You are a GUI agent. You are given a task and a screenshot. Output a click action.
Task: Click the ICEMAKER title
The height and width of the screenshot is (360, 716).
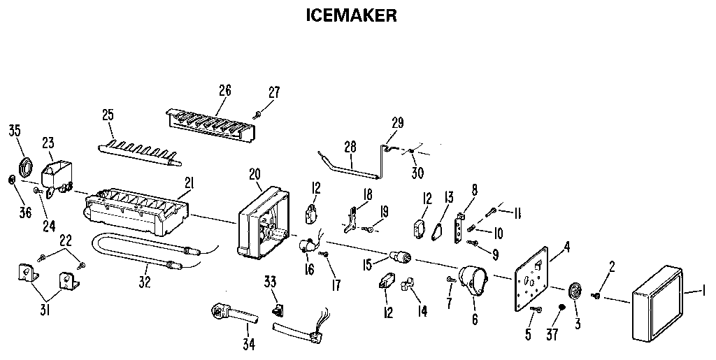tap(352, 15)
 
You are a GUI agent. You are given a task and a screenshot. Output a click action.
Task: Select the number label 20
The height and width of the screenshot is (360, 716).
tap(255, 174)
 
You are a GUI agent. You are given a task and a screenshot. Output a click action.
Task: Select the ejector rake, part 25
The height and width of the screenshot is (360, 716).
tap(140, 150)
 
